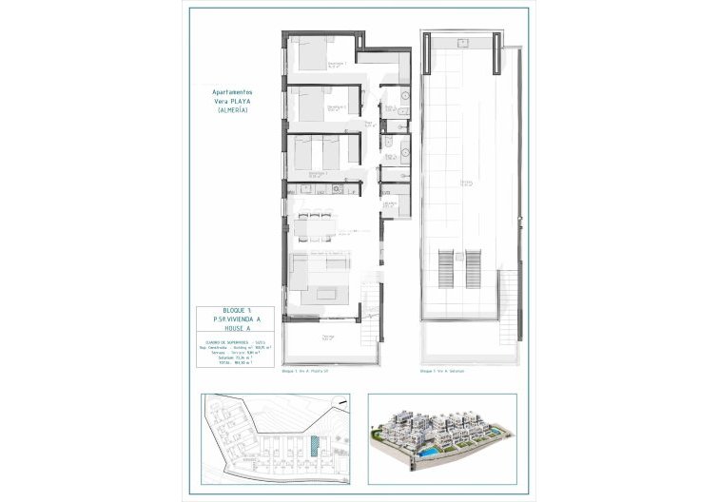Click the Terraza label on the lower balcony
[x=327, y=337]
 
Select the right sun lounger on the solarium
[x=473, y=266]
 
